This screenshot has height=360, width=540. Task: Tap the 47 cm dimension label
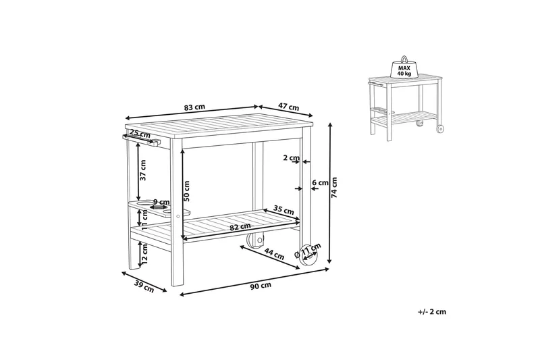289,107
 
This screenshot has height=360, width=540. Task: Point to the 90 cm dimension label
261,286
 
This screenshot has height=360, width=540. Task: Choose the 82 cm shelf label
236,227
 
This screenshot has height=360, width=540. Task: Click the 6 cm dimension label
320,182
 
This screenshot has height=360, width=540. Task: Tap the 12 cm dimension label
143,253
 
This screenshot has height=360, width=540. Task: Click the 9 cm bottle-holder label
161,201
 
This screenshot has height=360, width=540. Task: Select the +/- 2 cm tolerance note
431,311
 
